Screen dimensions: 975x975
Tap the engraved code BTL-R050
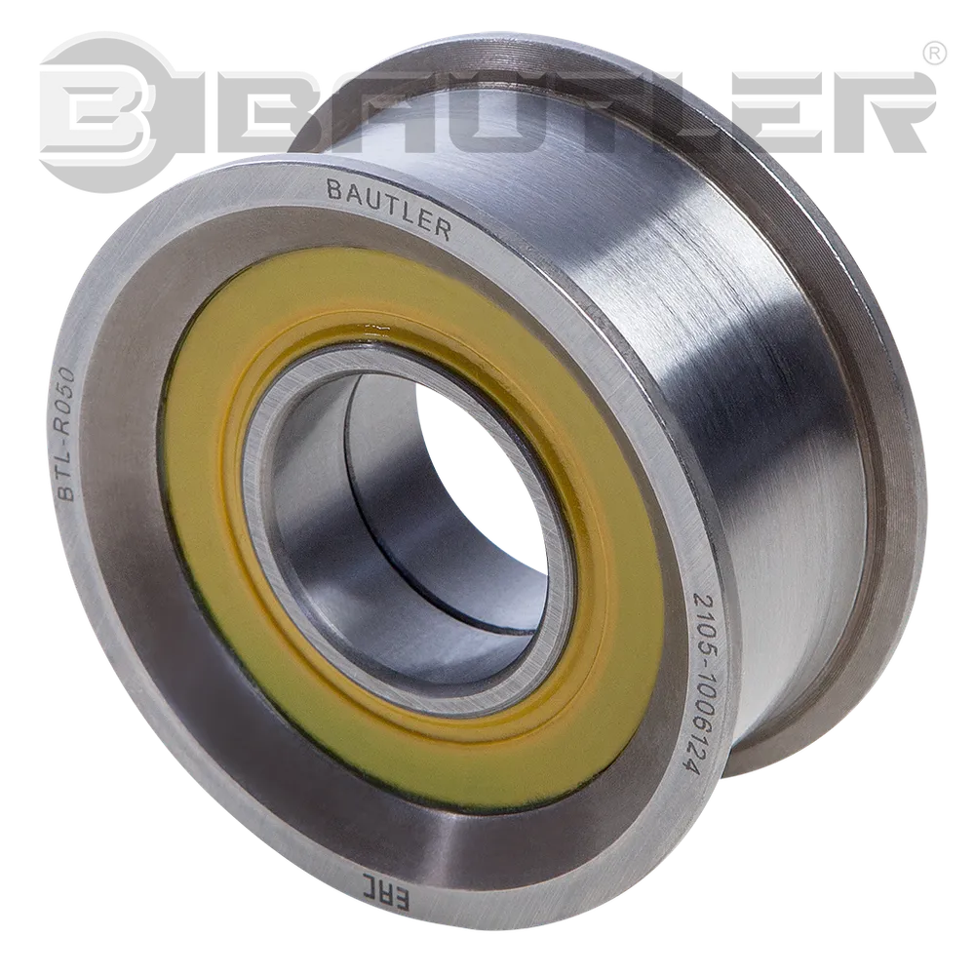click(x=66, y=433)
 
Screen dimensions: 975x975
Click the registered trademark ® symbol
click(x=936, y=53)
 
